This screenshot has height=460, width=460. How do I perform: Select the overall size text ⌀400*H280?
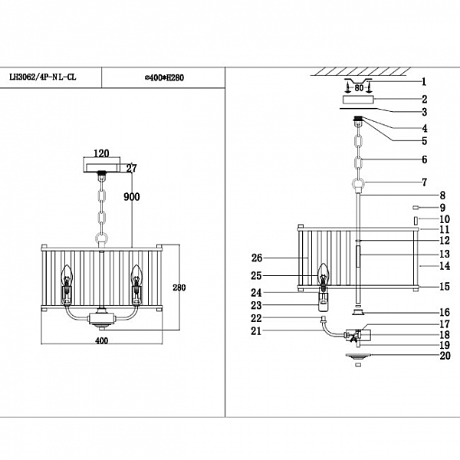(x=163, y=77)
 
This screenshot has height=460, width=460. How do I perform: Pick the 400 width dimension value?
(x=100, y=340)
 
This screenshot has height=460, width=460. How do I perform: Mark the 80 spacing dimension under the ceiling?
(x=358, y=88)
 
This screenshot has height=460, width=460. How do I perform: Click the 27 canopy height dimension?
(x=131, y=168)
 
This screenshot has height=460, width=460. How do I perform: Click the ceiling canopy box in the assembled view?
(x=101, y=166)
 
